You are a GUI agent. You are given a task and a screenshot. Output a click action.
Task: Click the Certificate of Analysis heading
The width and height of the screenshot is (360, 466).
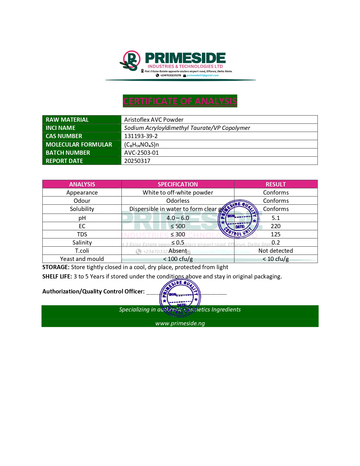[x=180, y=101]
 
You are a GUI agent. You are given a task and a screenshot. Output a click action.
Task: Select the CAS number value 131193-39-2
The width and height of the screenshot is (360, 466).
[x=141, y=136]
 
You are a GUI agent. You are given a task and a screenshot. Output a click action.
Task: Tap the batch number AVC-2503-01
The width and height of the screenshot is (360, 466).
[x=141, y=153]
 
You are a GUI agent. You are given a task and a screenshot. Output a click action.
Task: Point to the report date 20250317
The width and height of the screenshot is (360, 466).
[x=137, y=161]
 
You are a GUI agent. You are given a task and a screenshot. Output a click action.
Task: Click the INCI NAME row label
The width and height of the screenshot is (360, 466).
[x=60, y=128]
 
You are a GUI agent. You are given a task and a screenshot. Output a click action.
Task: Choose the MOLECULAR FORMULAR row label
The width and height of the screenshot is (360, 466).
[x=79, y=145]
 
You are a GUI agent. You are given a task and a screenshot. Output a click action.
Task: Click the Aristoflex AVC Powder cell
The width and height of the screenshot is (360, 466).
[x=154, y=120]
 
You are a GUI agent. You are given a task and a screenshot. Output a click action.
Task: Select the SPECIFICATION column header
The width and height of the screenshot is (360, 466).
[x=178, y=184]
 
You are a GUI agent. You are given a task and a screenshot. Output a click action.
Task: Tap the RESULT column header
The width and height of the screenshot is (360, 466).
[x=276, y=184]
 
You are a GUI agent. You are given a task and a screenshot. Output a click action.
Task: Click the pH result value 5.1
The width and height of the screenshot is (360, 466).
[x=276, y=218]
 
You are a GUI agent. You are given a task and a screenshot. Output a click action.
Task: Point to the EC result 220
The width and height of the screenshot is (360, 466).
[x=276, y=226]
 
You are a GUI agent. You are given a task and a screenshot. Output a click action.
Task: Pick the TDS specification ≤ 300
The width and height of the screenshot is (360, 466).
[x=178, y=234]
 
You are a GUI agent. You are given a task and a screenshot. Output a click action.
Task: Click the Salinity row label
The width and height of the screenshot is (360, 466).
[x=82, y=243]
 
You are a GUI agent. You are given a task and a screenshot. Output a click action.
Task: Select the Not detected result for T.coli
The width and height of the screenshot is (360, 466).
[x=276, y=251]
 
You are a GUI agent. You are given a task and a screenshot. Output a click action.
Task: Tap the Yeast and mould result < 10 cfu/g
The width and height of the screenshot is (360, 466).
[x=276, y=259]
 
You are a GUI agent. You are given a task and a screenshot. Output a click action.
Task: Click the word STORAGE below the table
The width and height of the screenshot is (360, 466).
[x=56, y=267]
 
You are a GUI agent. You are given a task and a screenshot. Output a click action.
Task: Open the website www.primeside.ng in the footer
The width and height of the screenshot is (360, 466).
[x=180, y=323]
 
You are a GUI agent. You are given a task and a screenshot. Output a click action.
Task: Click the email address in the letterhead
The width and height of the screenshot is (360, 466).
[x=202, y=75]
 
